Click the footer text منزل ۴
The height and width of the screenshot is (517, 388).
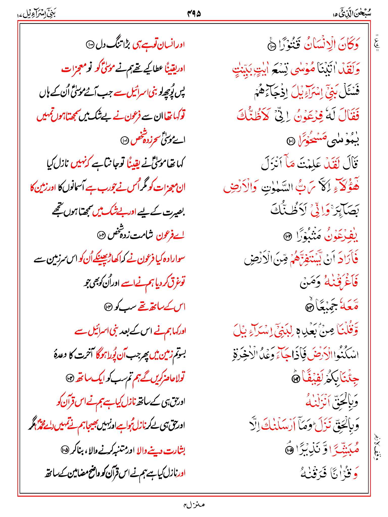(194, 505)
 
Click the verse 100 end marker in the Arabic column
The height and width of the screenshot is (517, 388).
(272, 46)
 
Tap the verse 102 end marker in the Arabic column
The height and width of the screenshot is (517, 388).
(287, 237)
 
